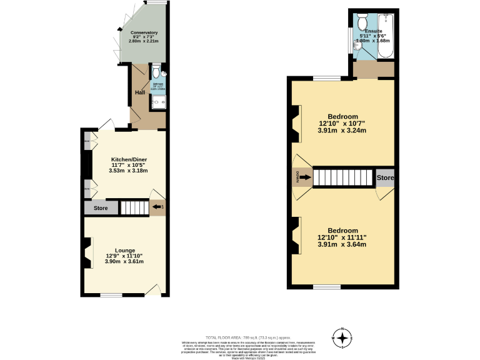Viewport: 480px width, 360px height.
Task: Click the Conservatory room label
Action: point(143,32)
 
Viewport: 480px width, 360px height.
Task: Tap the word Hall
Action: point(140,93)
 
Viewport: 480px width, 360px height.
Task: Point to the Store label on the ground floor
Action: point(101,208)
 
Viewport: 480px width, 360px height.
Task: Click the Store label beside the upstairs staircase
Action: point(385,178)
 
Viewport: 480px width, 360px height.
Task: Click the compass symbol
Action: point(342,339)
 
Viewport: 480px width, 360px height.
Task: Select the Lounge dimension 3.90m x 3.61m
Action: point(124,261)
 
